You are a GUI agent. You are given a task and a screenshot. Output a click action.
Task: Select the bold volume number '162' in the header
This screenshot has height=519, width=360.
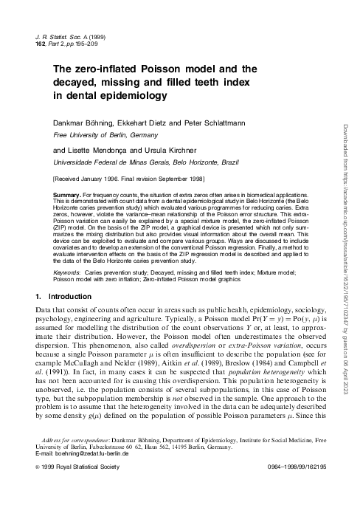pos(41,43)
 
